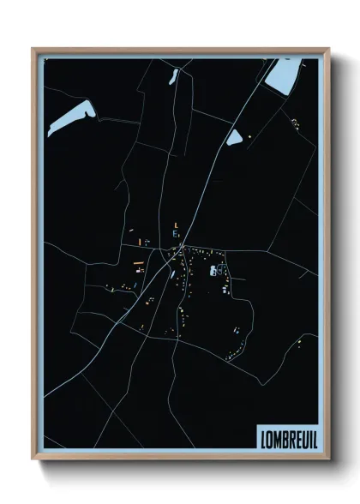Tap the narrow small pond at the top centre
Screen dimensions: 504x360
click(173, 76)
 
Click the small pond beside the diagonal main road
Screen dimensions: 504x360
click(234, 136)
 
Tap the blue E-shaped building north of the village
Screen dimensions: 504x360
click(176, 234)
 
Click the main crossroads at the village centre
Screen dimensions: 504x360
click(181, 249)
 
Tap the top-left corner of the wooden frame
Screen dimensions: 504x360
click(33, 50)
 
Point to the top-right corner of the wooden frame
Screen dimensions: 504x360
click(328, 50)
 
